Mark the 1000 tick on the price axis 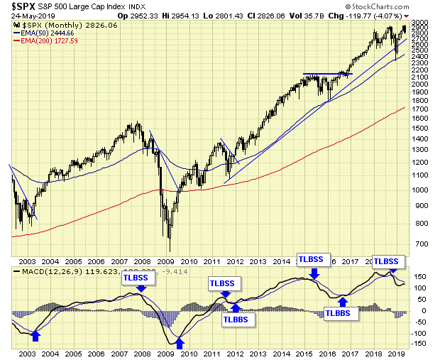click(x=422, y=190)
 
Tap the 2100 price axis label click(x=422, y=77)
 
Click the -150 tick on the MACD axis click(x=421, y=344)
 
